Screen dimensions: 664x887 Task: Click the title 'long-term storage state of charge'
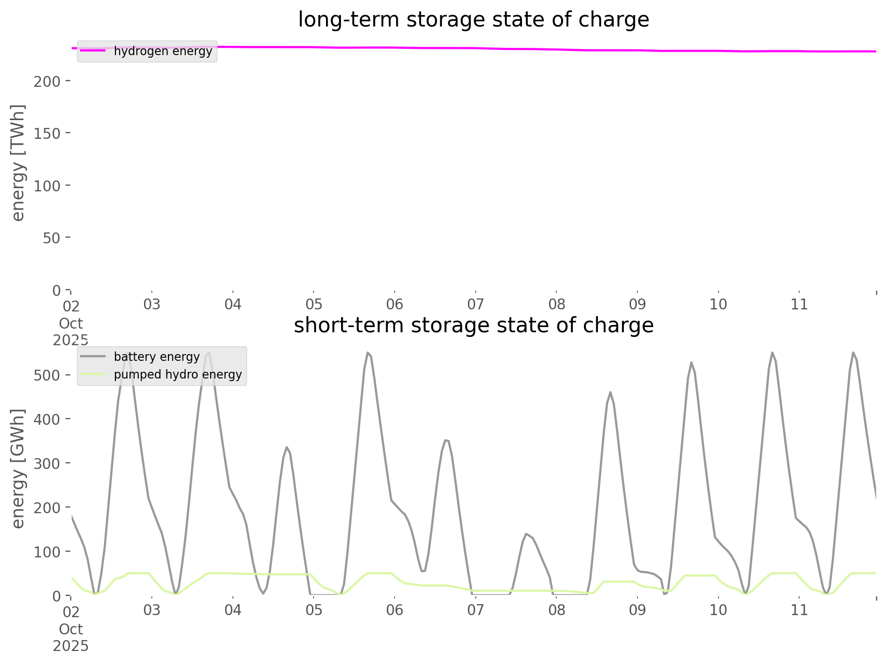(473, 20)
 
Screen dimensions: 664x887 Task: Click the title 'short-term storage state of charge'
(473, 326)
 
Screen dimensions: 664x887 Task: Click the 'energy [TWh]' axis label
(18, 163)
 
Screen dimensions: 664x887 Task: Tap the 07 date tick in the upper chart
(476, 304)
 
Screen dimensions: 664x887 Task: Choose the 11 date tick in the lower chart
(799, 610)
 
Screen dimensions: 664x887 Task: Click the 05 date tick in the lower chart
(314, 610)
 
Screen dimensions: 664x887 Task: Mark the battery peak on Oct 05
(368, 353)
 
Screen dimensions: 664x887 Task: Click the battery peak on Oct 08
(610, 392)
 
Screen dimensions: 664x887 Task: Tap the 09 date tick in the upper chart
(637, 304)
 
